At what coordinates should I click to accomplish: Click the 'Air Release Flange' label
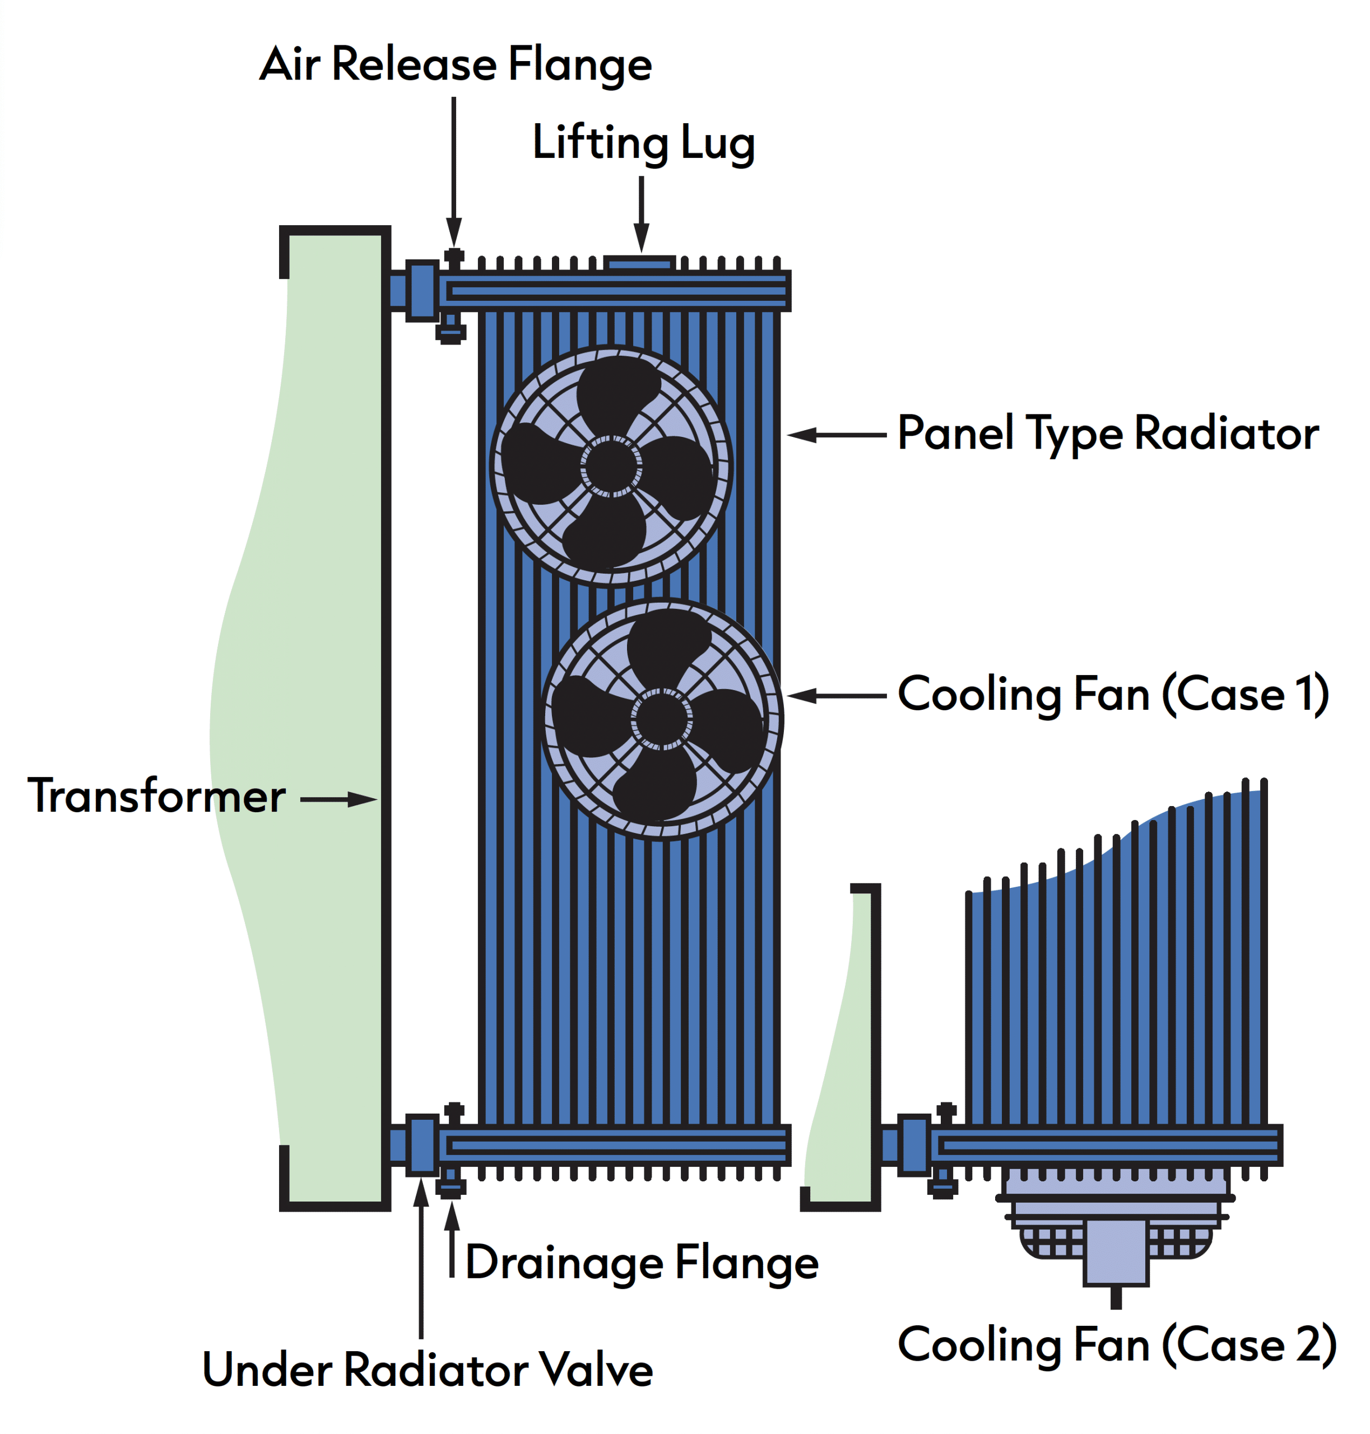[456, 64]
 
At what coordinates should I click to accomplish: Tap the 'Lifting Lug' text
[643, 143]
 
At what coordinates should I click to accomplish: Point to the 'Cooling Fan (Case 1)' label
[1113, 695]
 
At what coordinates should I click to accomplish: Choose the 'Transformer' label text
[156, 796]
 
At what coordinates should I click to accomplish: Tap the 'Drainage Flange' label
[642, 1263]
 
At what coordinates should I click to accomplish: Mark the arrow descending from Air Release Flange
[454, 173]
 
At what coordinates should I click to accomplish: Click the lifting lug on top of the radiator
[640, 263]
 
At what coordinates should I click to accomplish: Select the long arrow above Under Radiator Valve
[421, 1258]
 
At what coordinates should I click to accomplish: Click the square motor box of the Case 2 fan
[1116, 1251]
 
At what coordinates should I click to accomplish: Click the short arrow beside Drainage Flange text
[453, 1239]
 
